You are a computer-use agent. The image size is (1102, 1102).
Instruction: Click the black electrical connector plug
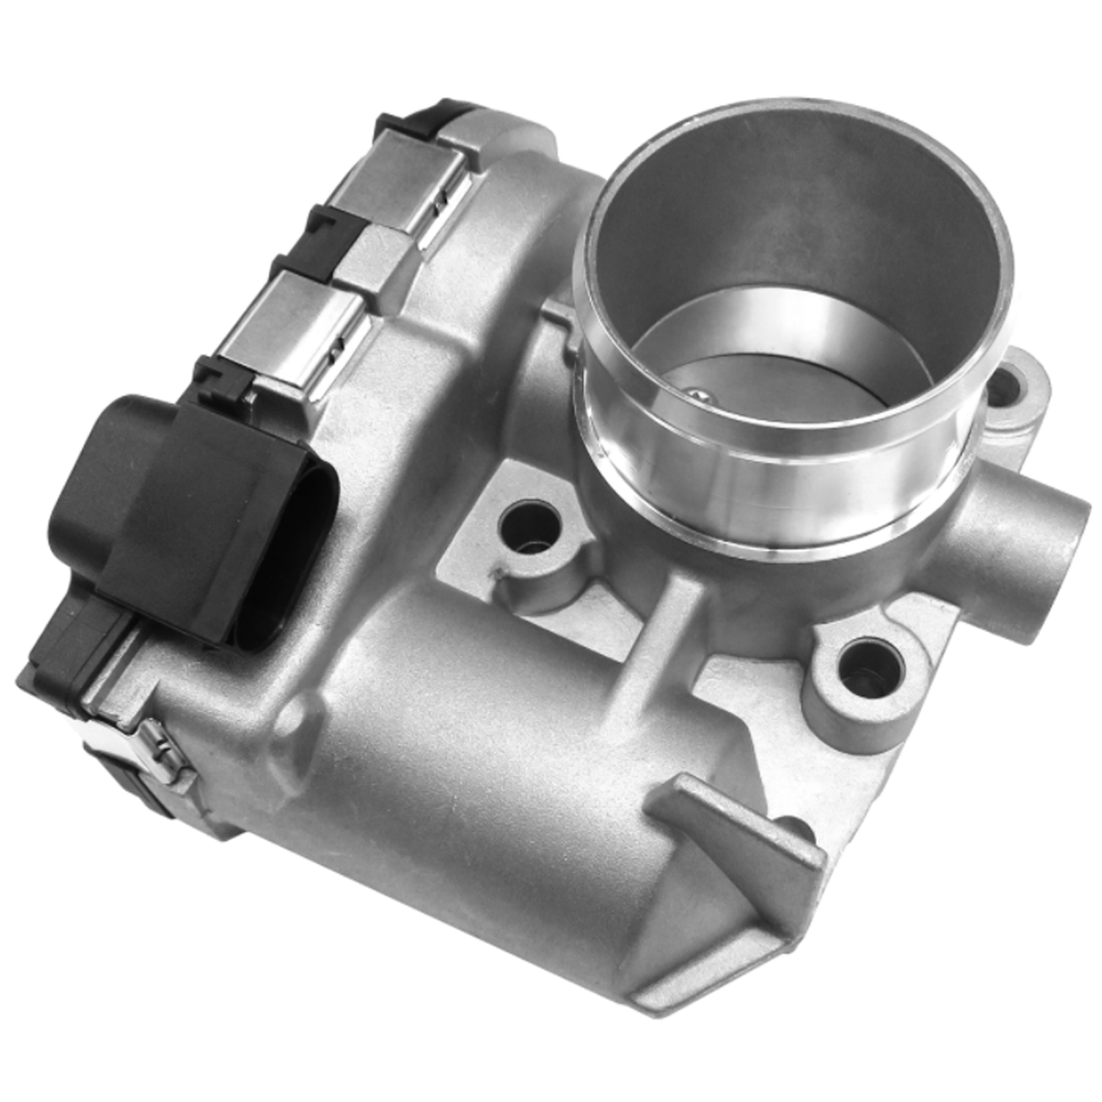coord(171,514)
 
